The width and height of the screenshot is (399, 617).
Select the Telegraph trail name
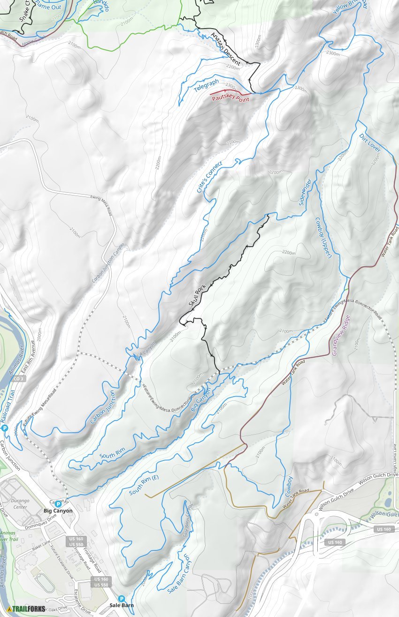coord(207,85)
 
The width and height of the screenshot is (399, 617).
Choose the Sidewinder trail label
coord(305,192)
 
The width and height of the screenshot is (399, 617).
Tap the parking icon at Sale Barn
coord(122,598)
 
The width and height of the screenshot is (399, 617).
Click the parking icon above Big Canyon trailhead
coord(58,504)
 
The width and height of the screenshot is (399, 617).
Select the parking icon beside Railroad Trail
coord(5,428)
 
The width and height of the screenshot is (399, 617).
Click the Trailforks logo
coord(26,609)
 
